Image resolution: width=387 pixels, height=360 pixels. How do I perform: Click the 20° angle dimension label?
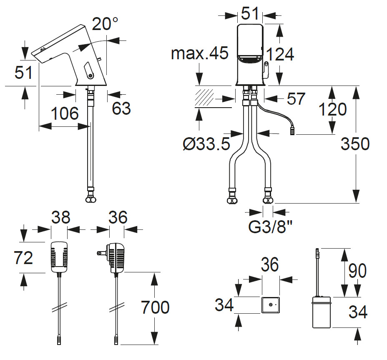point(105,24)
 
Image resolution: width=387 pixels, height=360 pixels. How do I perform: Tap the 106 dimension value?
point(65,113)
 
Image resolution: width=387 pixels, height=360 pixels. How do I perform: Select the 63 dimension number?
point(121,108)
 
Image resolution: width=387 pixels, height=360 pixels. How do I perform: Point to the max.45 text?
point(200,53)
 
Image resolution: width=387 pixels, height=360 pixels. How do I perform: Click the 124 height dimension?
point(280,54)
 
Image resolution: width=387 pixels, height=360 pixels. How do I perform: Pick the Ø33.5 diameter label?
point(206,143)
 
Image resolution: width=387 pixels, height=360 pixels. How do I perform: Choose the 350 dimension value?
point(355,143)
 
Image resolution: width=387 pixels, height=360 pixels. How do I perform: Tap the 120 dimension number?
point(333,109)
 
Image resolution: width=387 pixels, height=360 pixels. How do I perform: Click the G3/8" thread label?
point(270,227)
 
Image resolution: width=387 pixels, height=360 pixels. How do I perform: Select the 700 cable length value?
point(155,307)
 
